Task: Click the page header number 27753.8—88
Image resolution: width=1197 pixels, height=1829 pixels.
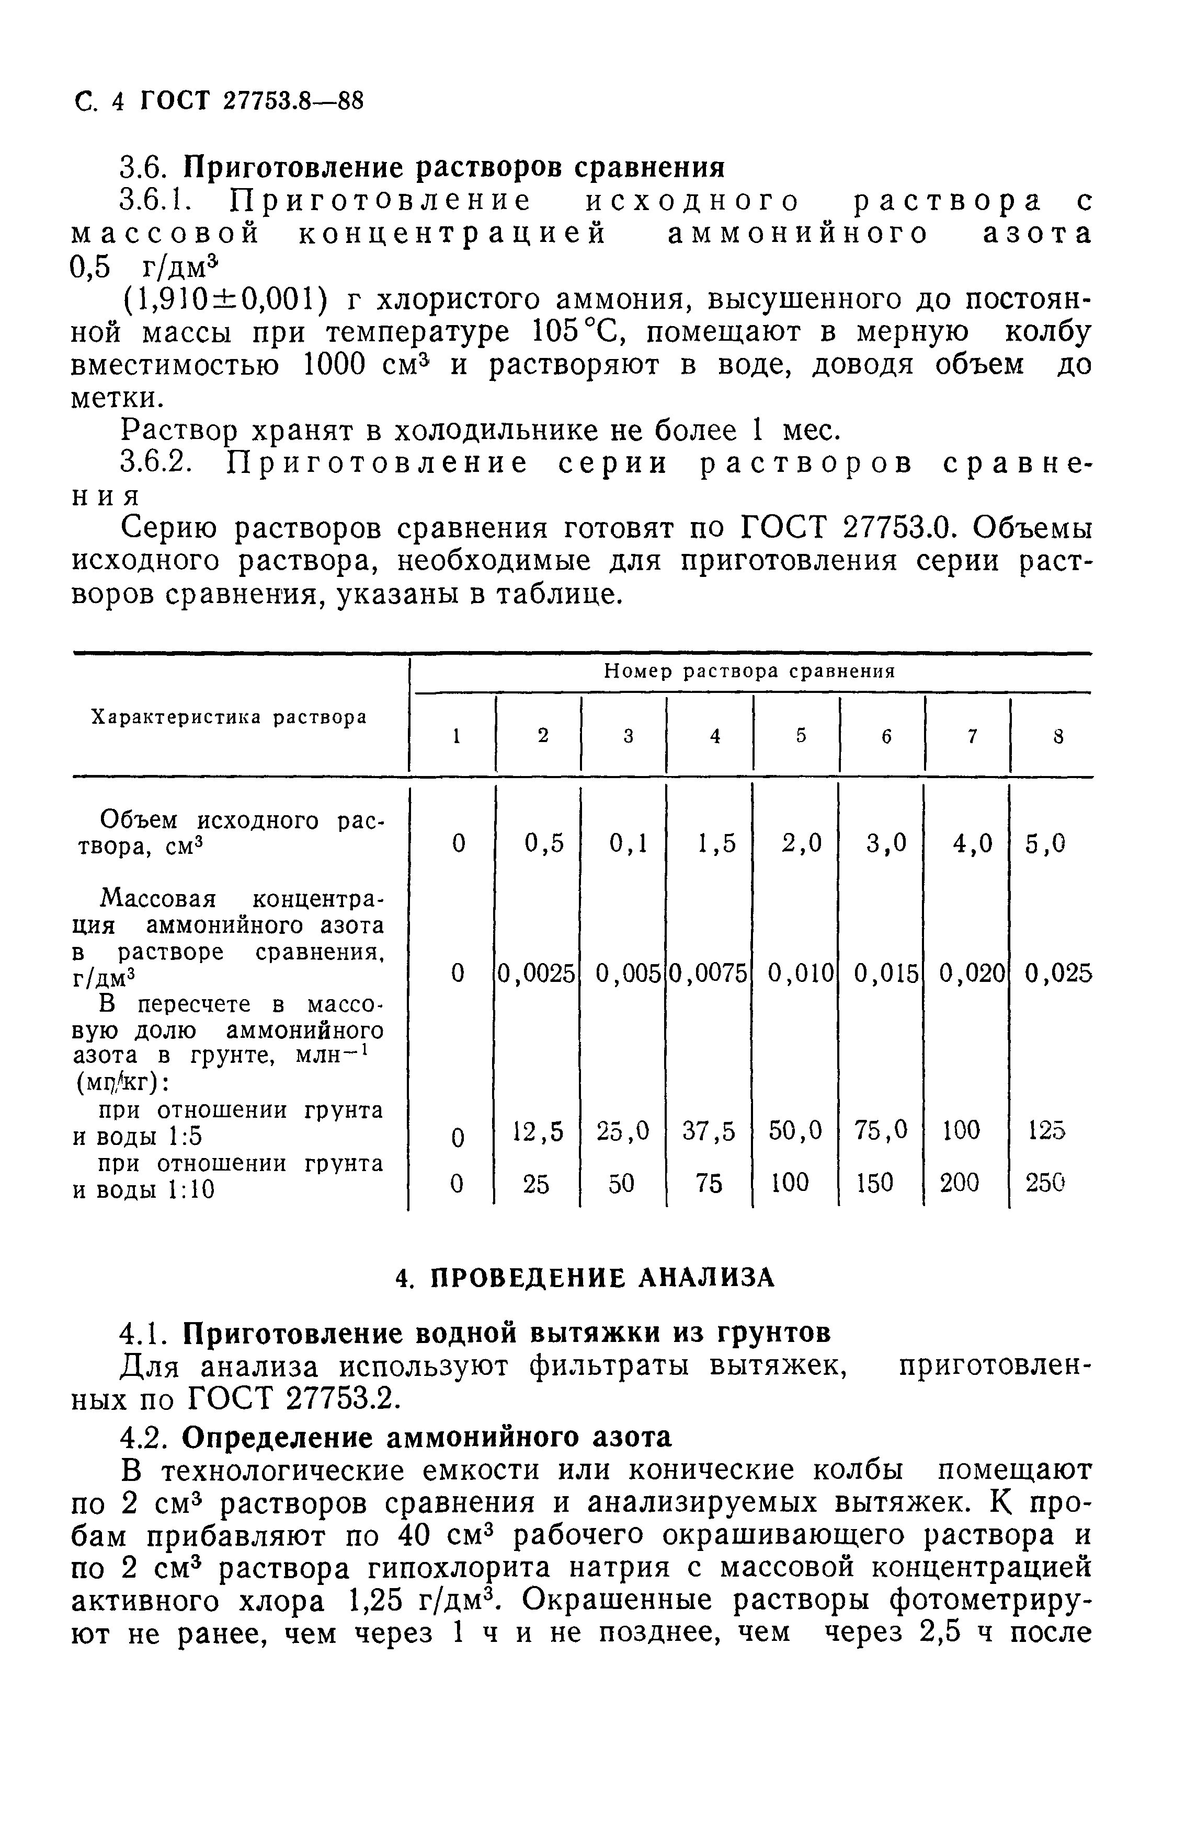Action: (x=292, y=101)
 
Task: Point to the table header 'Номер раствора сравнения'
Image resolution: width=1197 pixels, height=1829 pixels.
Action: (x=749, y=672)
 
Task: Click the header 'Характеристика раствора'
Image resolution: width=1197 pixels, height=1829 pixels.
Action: (x=229, y=718)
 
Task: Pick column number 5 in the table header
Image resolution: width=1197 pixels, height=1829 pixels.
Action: (x=801, y=735)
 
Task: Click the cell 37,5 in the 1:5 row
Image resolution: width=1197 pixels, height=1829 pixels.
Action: (x=709, y=1130)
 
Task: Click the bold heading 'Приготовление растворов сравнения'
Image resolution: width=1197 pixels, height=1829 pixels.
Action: (x=457, y=167)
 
